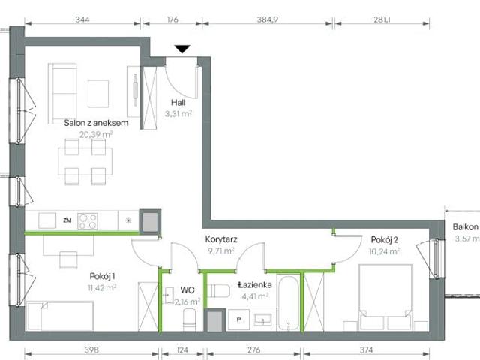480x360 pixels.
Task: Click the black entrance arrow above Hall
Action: [x=182, y=50]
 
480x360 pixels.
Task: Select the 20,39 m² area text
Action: [x=95, y=134]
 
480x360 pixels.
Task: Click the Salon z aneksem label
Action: [x=96, y=123]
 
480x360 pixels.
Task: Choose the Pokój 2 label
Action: [x=385, y=240]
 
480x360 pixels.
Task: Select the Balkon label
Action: [x=465, y=228]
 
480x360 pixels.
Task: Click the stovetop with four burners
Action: [x=88, y=220]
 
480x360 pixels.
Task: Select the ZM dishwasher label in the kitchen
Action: [x=67, y=220]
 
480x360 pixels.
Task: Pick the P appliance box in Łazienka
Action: [x=240, y=318]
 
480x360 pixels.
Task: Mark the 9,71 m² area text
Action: [x=222, y=251]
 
